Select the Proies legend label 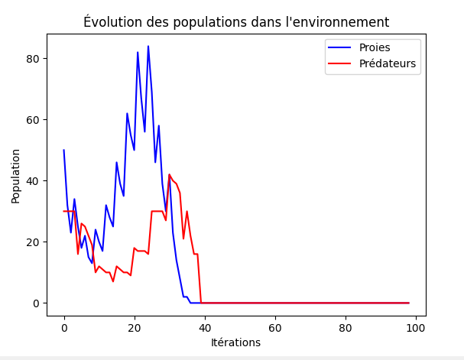(375, 47)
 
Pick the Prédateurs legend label (388, 63)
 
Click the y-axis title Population (16, 176)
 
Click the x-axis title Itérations (235, 342)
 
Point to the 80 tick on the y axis (34, 59)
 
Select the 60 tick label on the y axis (34, 120)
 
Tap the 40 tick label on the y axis (34, 181)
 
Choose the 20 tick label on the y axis (34, 242)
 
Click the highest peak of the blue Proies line (148, 47)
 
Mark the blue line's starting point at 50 (64, 151)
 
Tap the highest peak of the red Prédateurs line (170, 175)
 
